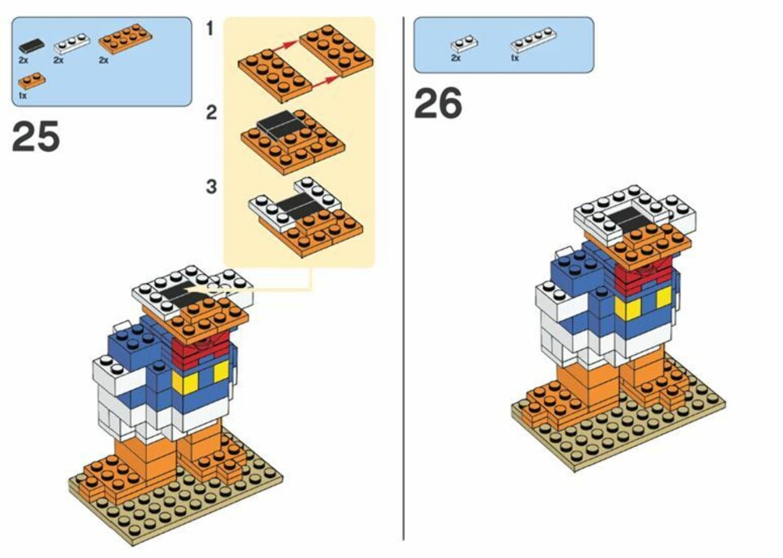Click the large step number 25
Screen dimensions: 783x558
click(x=35, y=136)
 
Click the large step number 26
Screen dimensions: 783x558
click(x=438, y=103)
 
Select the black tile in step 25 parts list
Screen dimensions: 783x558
click(x=31, y=46)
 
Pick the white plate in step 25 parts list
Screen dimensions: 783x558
click(x=72, y=43)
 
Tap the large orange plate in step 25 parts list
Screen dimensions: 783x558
click(x=126, y=39)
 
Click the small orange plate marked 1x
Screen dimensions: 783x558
click(x=32, y=81)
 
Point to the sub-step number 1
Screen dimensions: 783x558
click(x=210, y=29)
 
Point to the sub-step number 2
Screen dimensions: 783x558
click(x=212, y=113)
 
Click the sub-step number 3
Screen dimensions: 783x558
click(x=212, y=187)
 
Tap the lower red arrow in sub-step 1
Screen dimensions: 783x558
click(x=325, y=83)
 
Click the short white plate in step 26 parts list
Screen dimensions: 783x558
click(x=463, y=44)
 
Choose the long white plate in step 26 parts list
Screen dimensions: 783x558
click(x=533, y=40)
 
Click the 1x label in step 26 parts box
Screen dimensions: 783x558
click(x=515, y=59)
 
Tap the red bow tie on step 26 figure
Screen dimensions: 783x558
click(x=645, y=274)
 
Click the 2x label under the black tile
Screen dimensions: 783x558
click(x=24, y=60)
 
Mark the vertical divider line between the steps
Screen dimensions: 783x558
click(x=403, y=277)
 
